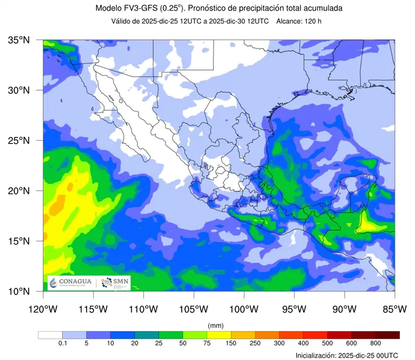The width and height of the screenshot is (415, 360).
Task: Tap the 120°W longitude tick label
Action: pyautogui.click(x=43, y=308)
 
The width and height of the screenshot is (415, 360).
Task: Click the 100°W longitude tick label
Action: pyautogui.click(x=244, y=308)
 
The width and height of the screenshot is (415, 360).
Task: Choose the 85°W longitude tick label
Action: pyautogui.click(x=394, y=308)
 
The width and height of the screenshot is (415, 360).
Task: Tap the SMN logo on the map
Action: pyautogui.click(x=115, y=283)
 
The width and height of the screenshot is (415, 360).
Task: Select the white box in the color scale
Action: pyautogui.click(x=50, y=335)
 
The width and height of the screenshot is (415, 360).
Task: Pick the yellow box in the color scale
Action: pyautogui.click(x=219, y=335)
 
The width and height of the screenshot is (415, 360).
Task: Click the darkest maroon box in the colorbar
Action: pyautogui.click(x=387, y=335)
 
